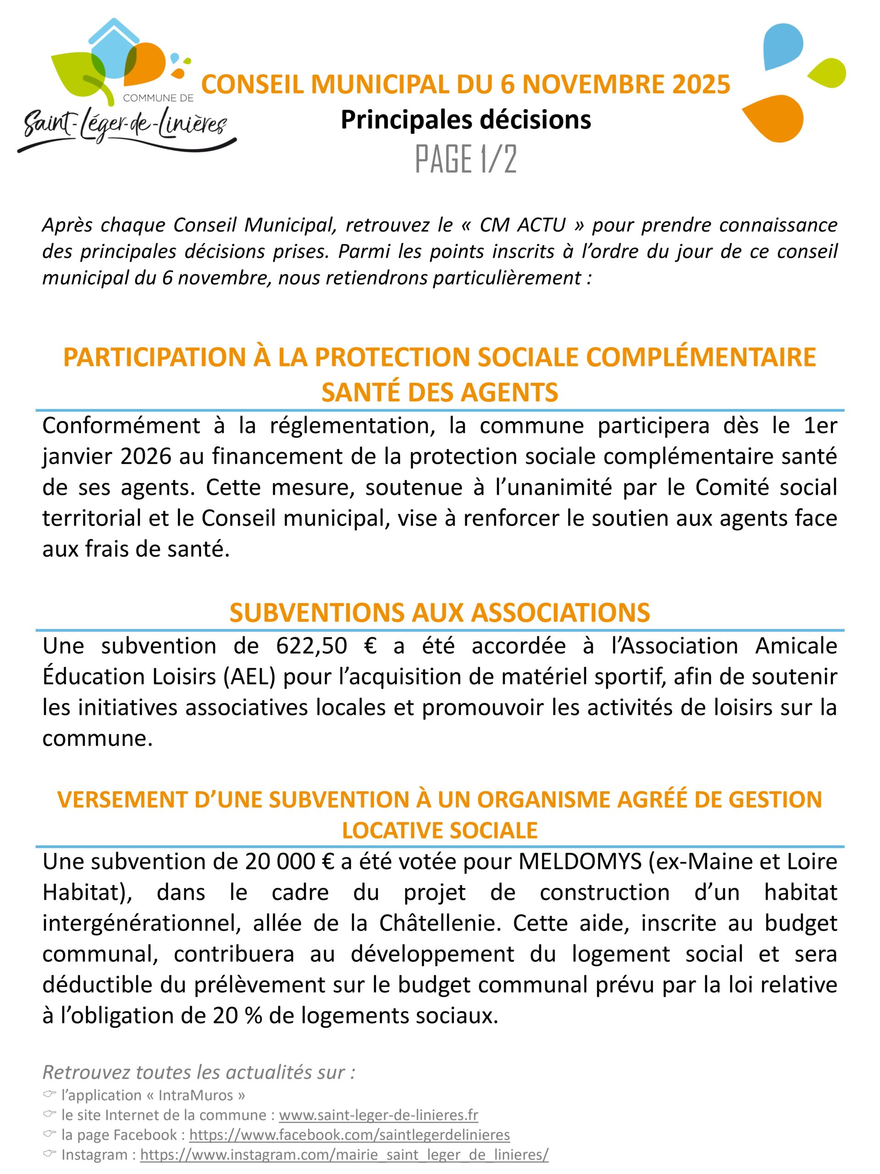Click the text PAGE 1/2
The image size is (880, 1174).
point(465,159)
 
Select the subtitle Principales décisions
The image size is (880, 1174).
point(465,120)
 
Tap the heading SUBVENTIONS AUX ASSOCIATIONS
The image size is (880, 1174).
point(439,613)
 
